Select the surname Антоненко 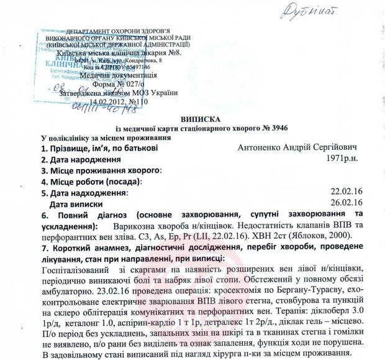261,149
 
